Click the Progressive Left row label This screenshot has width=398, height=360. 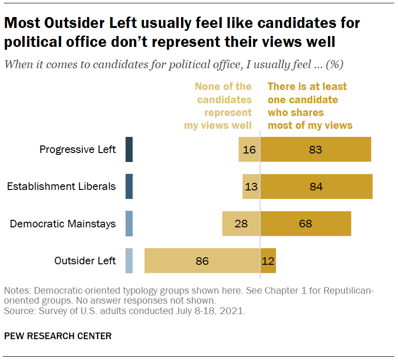77,150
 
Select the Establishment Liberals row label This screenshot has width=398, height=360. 61,187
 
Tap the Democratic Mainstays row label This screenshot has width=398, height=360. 63,224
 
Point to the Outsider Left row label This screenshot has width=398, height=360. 85,261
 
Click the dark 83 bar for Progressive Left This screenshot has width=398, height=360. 316,150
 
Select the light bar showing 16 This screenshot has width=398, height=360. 249,150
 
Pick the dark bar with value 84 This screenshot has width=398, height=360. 317,187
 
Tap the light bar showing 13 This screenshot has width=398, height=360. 251,187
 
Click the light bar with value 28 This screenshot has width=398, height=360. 241,224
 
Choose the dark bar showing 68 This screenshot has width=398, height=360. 306,224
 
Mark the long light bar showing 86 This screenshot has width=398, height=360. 202,261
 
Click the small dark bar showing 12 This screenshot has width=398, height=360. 268,261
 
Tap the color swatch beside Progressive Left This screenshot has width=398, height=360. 129,150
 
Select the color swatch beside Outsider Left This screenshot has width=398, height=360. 129,261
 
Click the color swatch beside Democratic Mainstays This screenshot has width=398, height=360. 129,224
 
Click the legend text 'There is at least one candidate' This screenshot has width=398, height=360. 307,93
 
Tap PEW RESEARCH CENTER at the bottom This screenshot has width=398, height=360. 58,336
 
